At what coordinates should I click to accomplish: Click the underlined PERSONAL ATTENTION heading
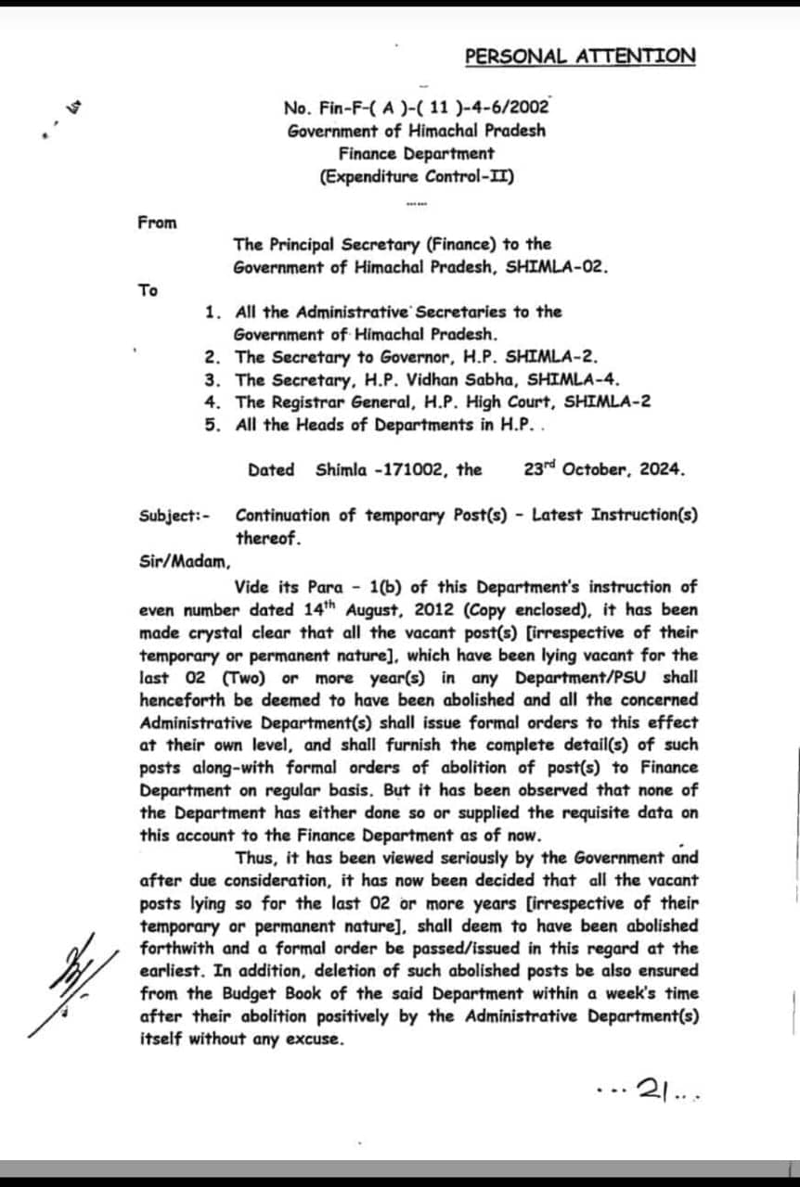pos(579,56)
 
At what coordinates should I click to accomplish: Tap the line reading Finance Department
pos(416,153)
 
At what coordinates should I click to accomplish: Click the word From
pos(157,223)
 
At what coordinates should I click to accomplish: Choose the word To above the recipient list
pos(148,290)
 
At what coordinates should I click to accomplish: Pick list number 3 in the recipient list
pos(213,379)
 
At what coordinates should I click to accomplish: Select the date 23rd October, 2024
pos(604,469)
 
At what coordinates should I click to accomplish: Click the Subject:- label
pos(174,516)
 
